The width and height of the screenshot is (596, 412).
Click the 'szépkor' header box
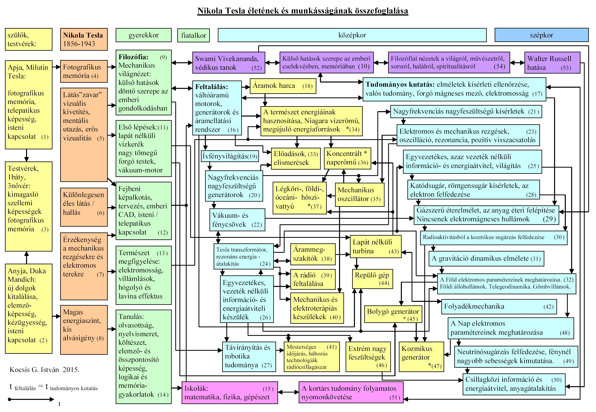[x=541, y=35]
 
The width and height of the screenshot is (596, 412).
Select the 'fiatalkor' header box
[x=194, y=35]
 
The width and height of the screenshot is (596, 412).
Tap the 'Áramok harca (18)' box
[x=283, y=86]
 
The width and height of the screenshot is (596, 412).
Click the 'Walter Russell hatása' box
[x=552, y=63]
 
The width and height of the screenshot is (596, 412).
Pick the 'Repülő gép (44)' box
[x=372, y=279]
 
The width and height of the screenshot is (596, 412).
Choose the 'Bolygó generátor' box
[x=393, y=314]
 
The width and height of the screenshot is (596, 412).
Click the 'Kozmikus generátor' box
[x=421, y=357]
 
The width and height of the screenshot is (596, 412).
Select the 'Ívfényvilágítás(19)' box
[x=230, y=156]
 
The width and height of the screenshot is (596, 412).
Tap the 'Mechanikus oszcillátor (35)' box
[x=359, y=194]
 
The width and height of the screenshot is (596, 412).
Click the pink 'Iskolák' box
[x=230, y=392]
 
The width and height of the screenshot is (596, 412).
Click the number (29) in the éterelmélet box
[x=549, y=219]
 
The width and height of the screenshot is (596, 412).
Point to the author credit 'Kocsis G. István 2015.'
[x=44, y=370]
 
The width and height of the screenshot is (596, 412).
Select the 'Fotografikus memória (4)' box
[x=84, y=71]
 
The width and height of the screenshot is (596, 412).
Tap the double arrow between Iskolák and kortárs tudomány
[x=288, y=392]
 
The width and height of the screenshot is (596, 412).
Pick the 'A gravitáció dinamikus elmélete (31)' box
[x=486, y=258]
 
